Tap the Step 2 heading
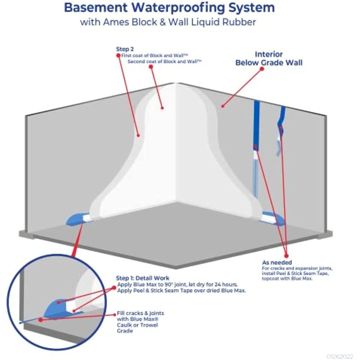(125, 49)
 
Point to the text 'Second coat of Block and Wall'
(164, 61)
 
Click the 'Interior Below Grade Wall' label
(269, 58)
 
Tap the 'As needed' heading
(277, 262)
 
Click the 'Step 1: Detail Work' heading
(142, 278)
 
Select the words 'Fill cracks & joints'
(141, 313)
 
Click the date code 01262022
(340, 356)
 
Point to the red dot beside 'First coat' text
(118, 55)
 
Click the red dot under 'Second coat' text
(151, 67)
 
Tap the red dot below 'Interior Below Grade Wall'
(262, 69)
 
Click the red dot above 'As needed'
(286, 255)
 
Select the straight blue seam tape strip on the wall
(256, 125)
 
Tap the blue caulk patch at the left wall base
(75, 219)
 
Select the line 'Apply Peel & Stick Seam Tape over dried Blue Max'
(181, 290)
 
